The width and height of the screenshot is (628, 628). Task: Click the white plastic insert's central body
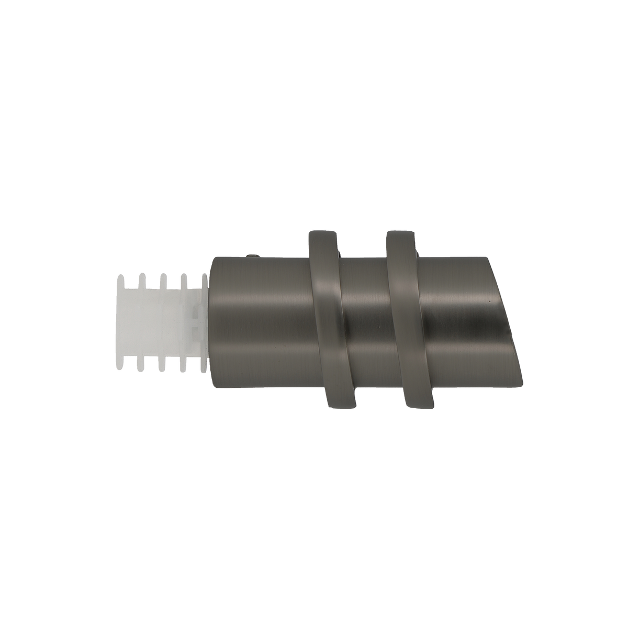(157, 322)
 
